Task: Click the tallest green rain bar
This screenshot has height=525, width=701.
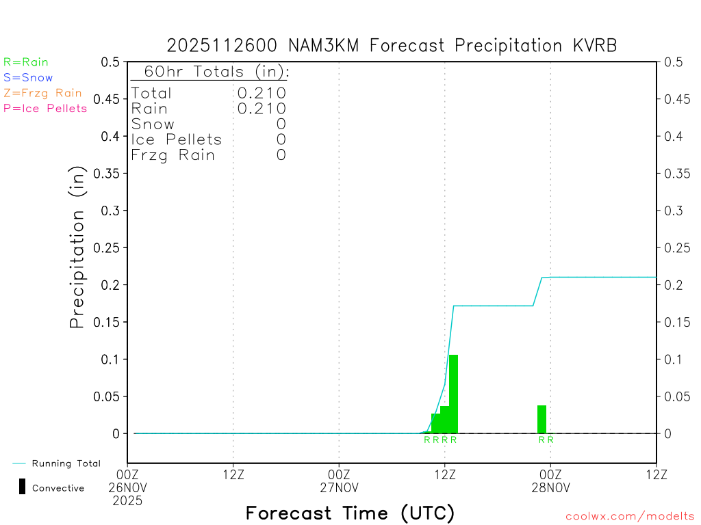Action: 453,394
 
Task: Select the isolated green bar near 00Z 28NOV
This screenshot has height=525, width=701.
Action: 541,419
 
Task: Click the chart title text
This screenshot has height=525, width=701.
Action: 392,46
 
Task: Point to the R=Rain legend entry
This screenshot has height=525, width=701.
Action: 26,62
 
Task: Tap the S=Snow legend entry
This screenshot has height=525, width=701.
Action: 28,78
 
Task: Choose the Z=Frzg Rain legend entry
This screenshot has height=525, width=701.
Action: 42,93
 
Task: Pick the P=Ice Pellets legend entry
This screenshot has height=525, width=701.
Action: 45,108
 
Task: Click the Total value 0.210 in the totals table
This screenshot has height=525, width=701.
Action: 262,93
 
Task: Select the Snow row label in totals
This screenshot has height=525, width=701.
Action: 153,124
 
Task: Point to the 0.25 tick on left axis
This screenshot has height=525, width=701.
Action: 110,247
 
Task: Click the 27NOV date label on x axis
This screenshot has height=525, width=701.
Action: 340,487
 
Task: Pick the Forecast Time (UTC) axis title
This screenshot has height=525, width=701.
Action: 350,513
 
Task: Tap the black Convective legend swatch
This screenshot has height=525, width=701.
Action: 22,487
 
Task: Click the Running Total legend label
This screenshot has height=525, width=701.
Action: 66,463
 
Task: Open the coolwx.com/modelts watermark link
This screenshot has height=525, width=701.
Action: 630,517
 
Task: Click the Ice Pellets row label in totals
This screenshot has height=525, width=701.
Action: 177,140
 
